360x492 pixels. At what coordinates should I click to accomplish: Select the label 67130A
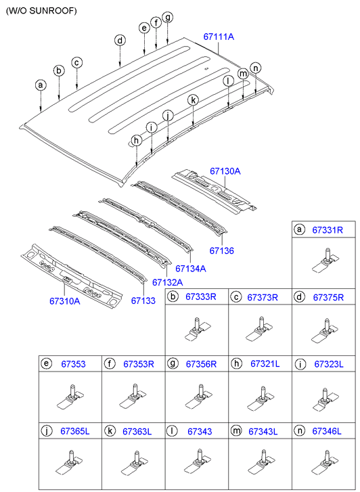(225, 173)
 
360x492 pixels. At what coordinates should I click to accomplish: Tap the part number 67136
(221, 250)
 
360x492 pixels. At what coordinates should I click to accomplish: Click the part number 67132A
(167, 282)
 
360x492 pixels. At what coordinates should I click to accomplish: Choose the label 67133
(143, 300)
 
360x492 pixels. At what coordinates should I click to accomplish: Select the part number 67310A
(64, 300)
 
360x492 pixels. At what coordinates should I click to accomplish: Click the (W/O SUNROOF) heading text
(41, 11)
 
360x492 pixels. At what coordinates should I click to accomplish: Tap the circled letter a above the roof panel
(41, 85)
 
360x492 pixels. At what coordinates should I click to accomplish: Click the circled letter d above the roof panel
(119, 41)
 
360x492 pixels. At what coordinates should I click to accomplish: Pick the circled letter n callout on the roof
(255, 68)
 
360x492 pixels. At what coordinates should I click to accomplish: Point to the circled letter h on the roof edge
(137, 140)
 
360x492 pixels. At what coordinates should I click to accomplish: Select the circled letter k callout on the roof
(193, 100)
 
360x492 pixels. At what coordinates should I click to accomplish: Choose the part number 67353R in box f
(139, 364)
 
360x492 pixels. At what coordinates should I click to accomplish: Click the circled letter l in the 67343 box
(173, 431)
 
